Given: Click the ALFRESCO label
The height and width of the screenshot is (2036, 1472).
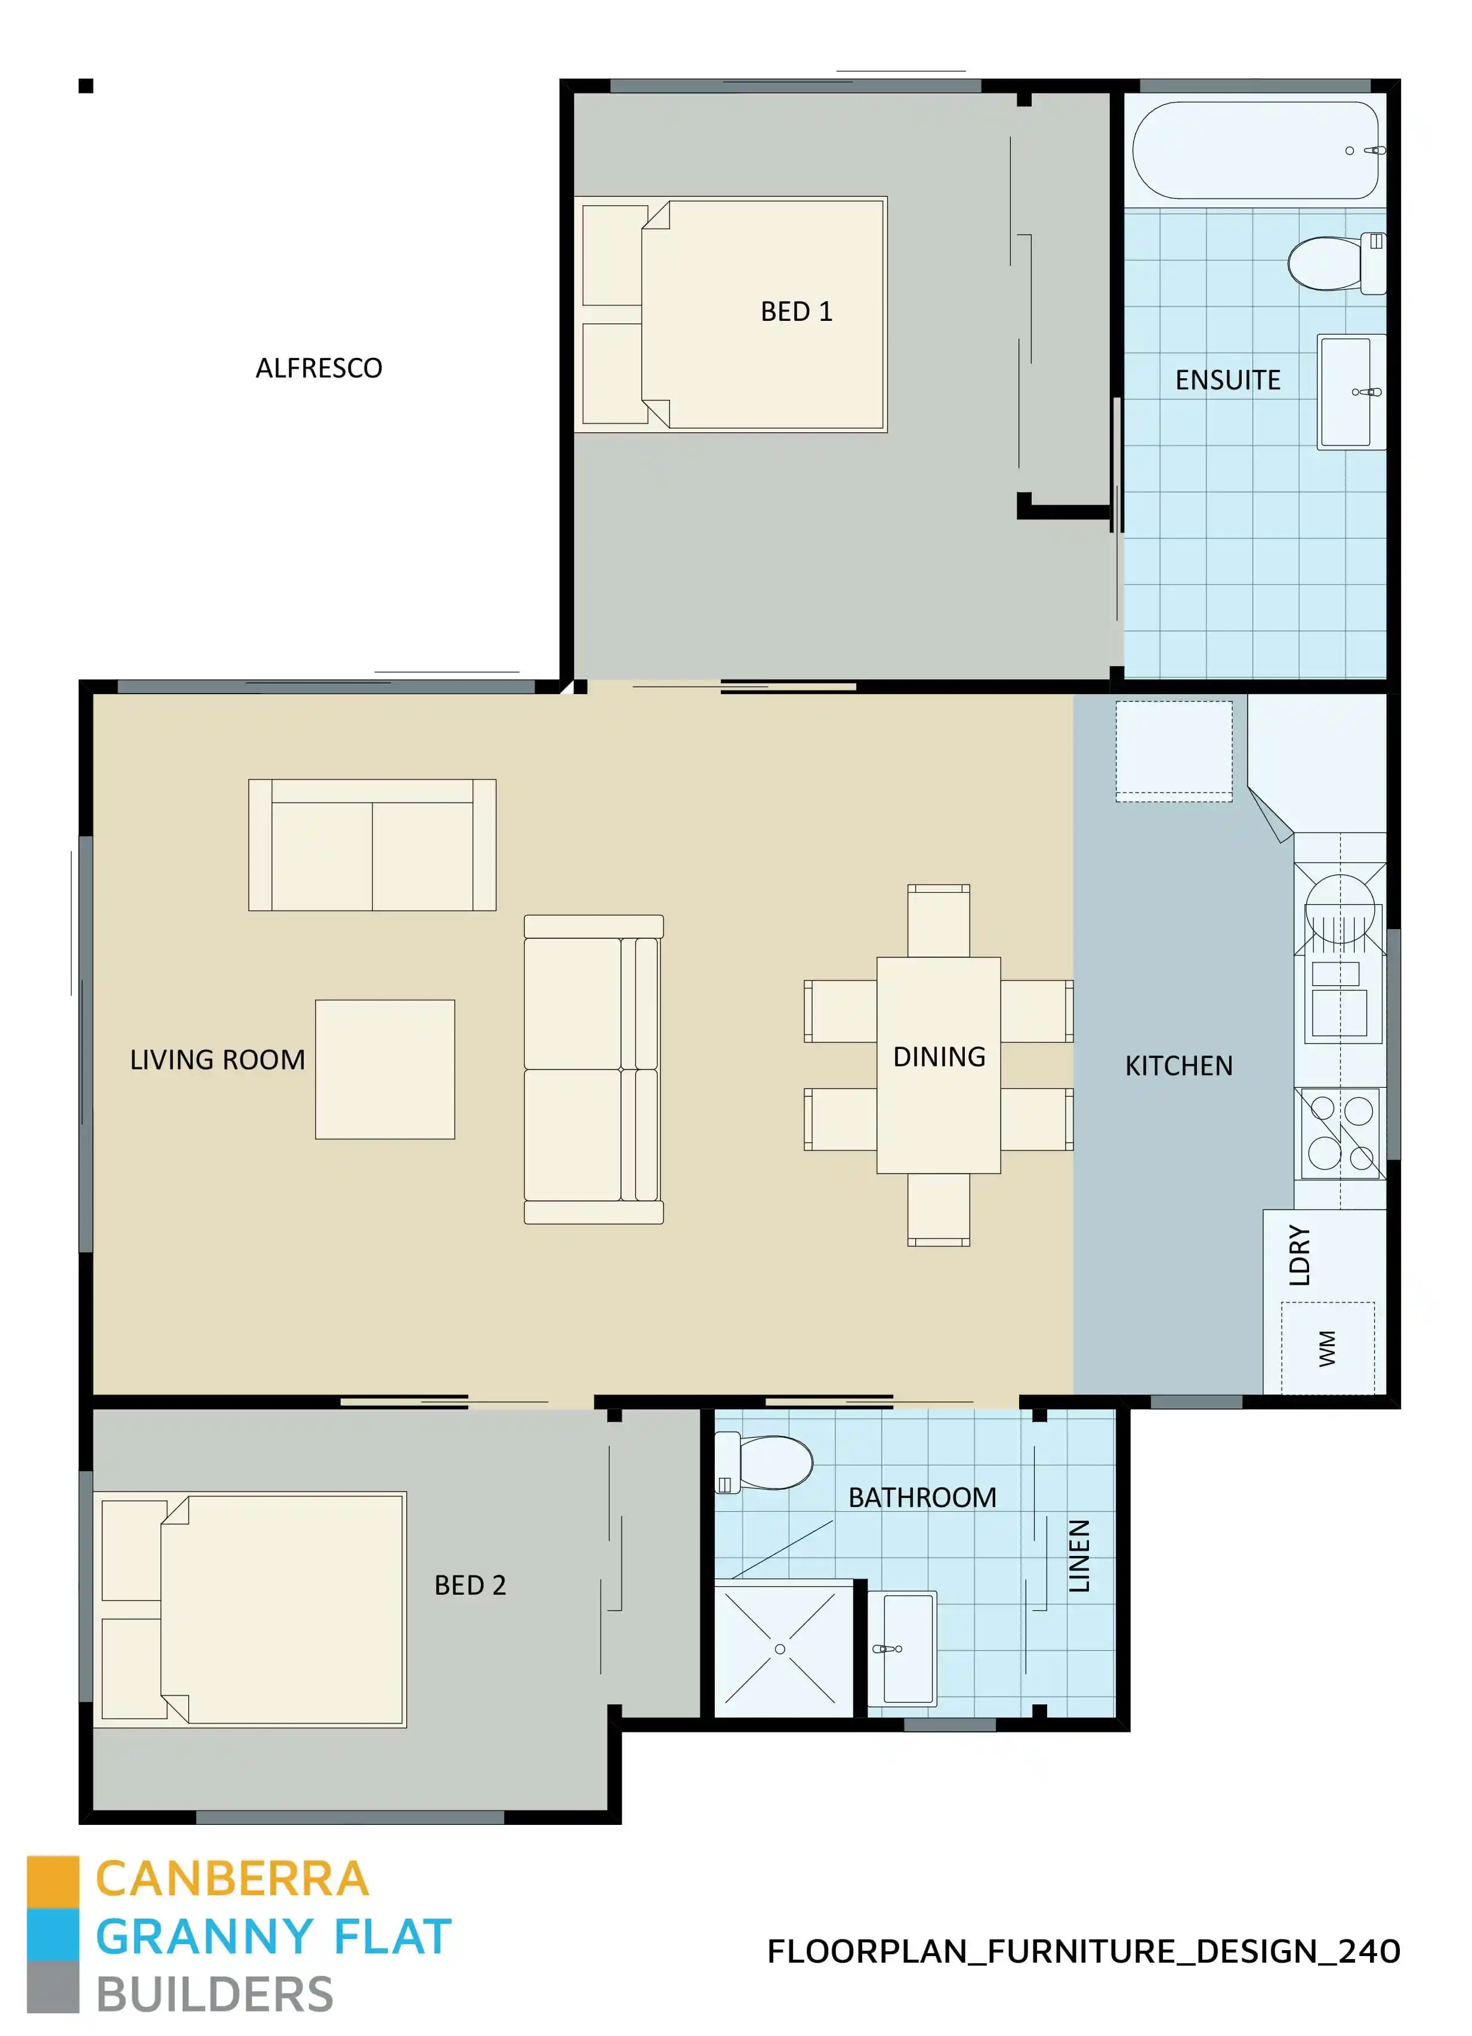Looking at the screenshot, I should point(319,368).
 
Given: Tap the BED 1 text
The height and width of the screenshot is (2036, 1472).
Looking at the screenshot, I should point(796,311).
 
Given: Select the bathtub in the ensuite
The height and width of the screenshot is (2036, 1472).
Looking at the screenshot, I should point(1255,150).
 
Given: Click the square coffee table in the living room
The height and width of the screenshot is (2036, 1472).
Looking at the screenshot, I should point(384,1069).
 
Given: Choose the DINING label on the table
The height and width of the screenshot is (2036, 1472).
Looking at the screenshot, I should point(939,1057).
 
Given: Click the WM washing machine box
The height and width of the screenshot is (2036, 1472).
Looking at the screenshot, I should point(1328,1347).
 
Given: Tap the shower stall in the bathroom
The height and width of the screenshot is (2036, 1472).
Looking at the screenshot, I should point(780,1648).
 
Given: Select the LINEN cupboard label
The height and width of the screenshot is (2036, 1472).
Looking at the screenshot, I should point(1079,1557).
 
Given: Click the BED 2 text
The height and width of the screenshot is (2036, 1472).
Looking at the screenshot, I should point(470,1585).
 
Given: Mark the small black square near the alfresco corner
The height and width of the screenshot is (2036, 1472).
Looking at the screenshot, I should point(86,86).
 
